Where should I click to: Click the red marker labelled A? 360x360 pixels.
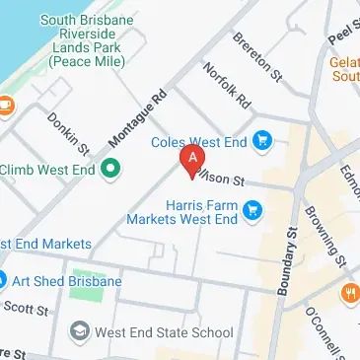(x=192, y=159)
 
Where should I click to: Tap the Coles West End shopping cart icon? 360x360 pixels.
(x=261, y=141)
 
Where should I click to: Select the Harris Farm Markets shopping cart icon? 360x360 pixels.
(x=253, y=208)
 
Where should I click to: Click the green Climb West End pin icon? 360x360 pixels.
(x=111, y=169)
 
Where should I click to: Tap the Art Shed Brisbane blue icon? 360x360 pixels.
(x=3, y=281)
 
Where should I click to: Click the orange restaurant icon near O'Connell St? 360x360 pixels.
(x=349, y=293)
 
